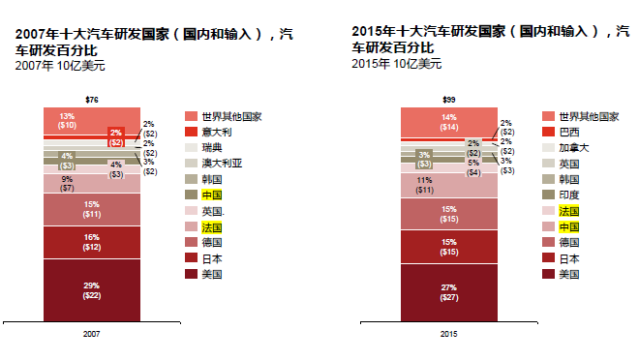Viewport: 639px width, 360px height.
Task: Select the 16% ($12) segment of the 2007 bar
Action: [92, 242]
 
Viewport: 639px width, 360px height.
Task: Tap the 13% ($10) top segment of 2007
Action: [68, 120]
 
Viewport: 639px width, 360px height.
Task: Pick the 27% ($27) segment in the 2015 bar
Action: [449, 291]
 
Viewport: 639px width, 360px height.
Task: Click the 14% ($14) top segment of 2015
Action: [449, 121]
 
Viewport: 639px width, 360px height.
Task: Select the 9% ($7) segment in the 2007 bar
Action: [67, 184]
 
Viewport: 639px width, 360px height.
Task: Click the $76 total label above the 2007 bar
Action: [92, 100]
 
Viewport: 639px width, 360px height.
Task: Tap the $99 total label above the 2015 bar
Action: [449, 100]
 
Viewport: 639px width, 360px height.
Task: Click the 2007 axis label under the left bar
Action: [92, 332]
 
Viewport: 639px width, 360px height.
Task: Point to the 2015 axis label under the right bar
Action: [449, 332]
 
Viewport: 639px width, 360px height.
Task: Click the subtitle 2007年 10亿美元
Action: [60, 66]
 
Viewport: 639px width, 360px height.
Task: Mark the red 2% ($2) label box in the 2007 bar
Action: [116, 136]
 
